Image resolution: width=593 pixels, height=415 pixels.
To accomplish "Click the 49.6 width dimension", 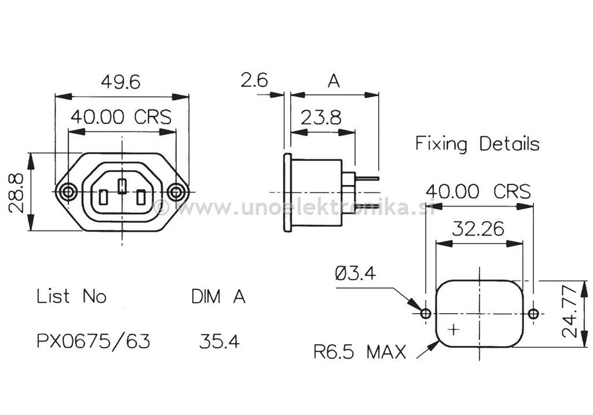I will click(x=120, y=82).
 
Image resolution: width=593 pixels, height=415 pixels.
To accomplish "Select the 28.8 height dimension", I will click(x=17, y=192).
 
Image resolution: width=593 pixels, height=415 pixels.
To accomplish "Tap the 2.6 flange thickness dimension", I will click(x=254, y=80).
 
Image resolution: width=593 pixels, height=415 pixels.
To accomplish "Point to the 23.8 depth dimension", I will click(x=321, y=117).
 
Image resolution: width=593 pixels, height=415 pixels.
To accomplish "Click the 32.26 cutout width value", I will click(x=478, y=229).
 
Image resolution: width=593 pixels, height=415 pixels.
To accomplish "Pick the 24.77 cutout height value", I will click(x=572, y=314).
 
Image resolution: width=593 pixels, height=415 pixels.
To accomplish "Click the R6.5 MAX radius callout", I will click(x=360, y=351).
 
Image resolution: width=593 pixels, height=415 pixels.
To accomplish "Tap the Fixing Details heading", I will click(x=477, y=144).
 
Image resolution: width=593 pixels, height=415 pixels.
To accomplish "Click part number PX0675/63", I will click(x=93, y=341).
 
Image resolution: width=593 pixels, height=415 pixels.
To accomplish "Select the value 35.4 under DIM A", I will click(x=219, y=341).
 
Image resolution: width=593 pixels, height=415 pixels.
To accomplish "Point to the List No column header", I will click(x=72, y=296).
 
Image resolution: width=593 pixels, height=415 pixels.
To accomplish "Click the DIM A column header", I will click(x=218, y=296).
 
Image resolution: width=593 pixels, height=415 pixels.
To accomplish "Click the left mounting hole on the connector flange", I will click(x=68, y=192).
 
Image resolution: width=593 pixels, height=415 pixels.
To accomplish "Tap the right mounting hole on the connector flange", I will click(x=175, y=192).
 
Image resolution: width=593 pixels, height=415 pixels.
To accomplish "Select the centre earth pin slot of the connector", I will click(x=122, y=186).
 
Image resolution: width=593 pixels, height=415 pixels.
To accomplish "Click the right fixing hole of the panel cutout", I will click(x=533, y=314).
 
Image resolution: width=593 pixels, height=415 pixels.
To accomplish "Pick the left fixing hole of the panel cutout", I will click(x=426, y=314).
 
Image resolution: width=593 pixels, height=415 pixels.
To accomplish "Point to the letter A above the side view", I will click(x=334, y=82).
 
